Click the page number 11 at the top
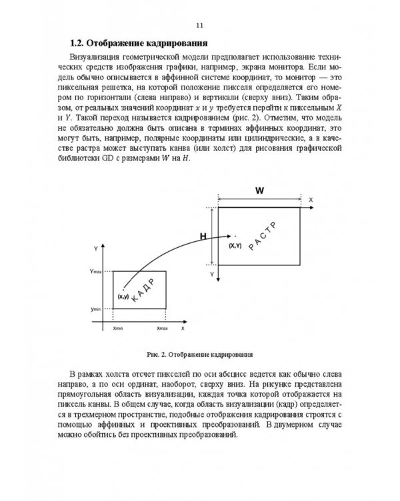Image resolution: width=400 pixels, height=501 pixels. coord(199,26)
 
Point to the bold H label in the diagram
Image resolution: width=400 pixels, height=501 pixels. coord(204,235)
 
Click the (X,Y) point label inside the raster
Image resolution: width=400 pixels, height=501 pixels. coord(235,246)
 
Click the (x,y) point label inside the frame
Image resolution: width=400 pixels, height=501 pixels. coord(123,296)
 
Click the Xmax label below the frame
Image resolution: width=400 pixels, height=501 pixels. coord(162,329)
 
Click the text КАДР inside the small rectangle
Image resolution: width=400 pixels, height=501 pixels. coord(143,291)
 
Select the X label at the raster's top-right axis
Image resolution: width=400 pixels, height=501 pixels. coord(311,200)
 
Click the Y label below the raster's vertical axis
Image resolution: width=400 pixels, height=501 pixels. coord(211,275)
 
